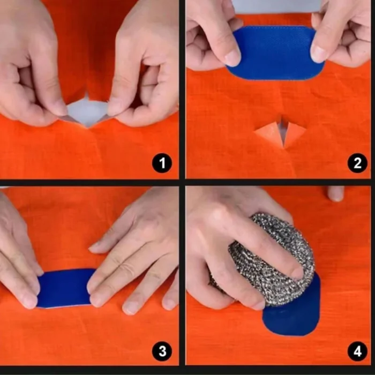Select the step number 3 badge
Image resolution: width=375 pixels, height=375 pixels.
(162, 351)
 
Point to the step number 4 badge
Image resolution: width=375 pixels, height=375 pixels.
(357, 351)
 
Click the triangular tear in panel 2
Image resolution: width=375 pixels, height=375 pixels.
(280, 133)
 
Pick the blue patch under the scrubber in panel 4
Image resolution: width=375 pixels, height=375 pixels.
(295, 319)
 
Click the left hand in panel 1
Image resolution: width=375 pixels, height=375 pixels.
(32, 64)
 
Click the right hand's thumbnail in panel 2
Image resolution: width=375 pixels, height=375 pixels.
(320, 53)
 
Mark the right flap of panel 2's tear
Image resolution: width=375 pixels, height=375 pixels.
(294, 132)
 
